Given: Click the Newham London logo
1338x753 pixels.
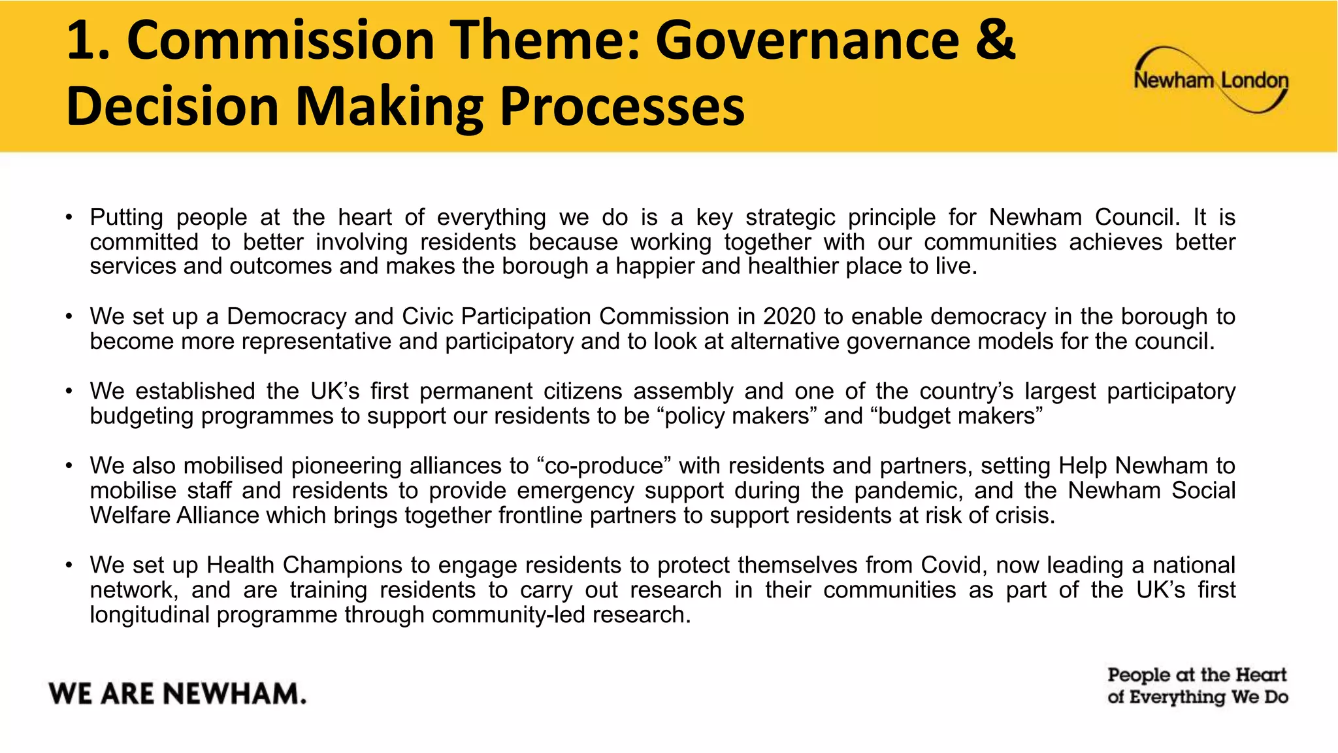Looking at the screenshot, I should click(x=1211, y=80).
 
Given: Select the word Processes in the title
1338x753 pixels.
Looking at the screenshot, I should click(x=621, y=107).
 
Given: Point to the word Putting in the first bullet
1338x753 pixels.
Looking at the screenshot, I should click(x=126, y=218).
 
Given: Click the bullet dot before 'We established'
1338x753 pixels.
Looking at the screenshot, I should click(x=69, y=392).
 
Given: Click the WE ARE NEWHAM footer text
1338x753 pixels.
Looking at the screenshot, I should click(x=177, y=694).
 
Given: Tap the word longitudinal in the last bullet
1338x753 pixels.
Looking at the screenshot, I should click(x=150, y=614).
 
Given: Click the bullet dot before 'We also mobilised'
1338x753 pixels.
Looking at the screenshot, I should click(x=69, y=466).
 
